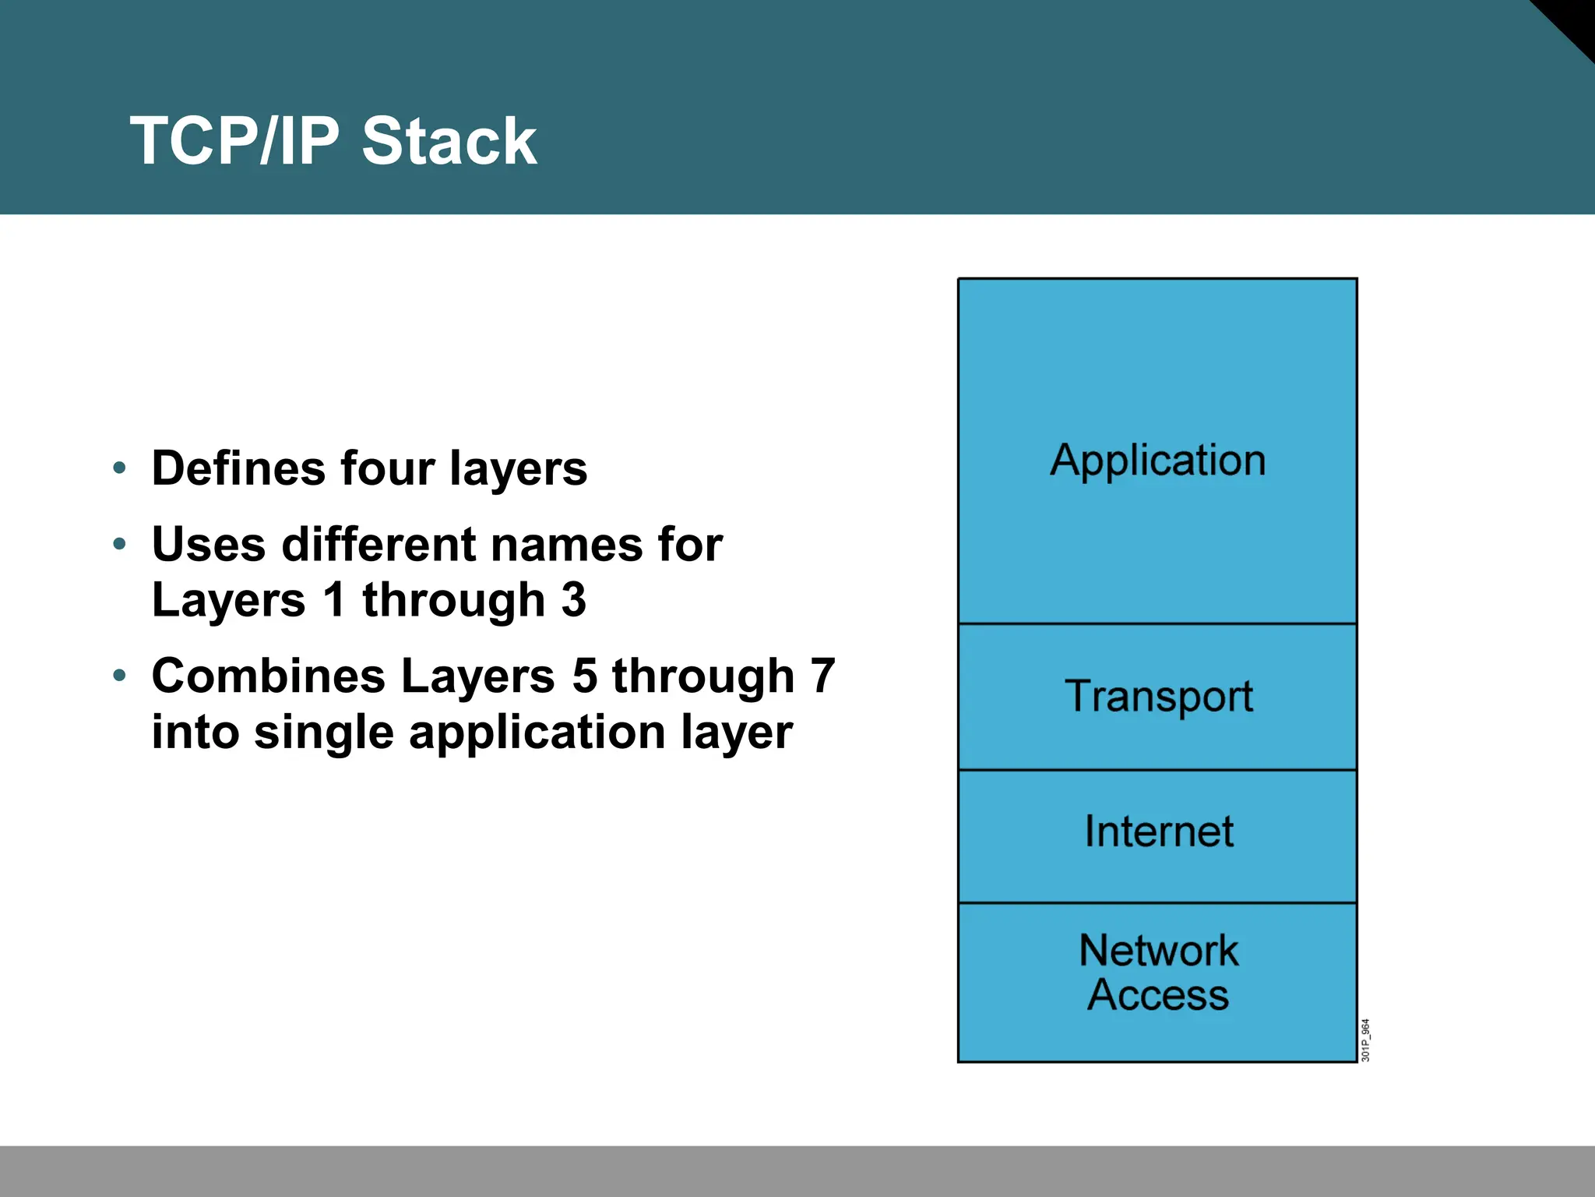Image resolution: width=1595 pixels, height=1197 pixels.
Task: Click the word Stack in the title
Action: [449, 141]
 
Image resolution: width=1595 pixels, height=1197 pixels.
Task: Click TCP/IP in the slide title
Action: [234, 141]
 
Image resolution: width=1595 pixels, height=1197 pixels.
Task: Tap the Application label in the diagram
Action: [1157, 461]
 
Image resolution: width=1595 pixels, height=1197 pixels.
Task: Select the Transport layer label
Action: [1158, 696]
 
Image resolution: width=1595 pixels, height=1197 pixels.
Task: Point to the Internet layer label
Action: [1158, 832]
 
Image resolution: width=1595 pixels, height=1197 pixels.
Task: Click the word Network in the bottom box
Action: [1158, 950]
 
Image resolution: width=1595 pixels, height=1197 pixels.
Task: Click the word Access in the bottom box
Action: [1158, 995]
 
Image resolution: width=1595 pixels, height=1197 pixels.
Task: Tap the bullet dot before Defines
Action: [119, 468]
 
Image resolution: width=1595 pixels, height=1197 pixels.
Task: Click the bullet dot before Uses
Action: [119, 543]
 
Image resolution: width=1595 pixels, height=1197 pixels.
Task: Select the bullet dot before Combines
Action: [119, 675]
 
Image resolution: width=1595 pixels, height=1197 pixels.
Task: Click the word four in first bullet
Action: [387, 468]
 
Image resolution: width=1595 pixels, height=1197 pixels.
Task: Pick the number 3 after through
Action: [573, 600]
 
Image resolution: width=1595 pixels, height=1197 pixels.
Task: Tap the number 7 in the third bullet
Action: [822, 676]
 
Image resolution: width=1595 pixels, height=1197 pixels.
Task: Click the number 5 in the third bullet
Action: [585, 676]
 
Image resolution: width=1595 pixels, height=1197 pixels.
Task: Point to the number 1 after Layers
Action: [334, 600]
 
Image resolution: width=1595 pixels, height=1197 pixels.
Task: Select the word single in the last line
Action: [323, 733]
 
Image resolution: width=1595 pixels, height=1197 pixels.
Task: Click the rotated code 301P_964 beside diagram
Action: [1365, 1040]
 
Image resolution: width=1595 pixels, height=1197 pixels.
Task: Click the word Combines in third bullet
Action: [268, 676]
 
